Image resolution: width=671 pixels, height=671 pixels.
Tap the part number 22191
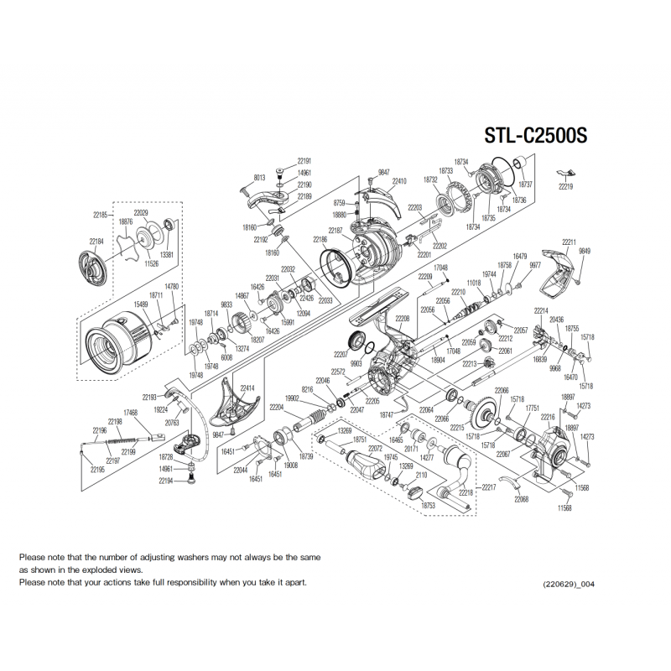tap(304, 161)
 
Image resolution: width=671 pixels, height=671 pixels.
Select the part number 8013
tap(259, 178)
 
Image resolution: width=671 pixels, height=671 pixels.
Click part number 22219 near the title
tap(564, 187)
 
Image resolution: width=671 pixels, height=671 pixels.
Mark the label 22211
tap(570, 242)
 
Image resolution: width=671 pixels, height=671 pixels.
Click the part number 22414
tap(247, 388)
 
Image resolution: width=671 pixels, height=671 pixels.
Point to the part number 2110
tap(421, 476)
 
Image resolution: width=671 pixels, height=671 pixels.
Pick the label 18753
tap(429, 506)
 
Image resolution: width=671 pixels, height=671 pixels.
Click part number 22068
tap(521, 499)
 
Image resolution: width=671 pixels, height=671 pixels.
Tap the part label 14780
tap(172, 287)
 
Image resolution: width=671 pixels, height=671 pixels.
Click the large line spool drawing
tap(122, 336)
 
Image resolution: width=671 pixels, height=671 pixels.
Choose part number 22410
tap(399, 181)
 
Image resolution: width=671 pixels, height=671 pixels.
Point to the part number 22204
tap(277, 407)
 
